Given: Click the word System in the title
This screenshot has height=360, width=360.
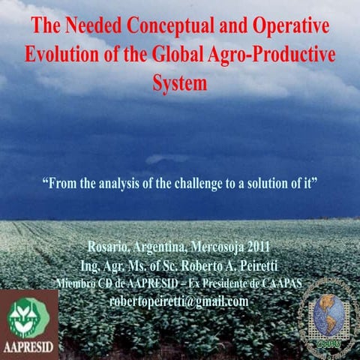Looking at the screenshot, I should [179, 83].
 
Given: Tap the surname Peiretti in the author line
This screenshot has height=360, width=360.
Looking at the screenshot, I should [255, 265].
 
